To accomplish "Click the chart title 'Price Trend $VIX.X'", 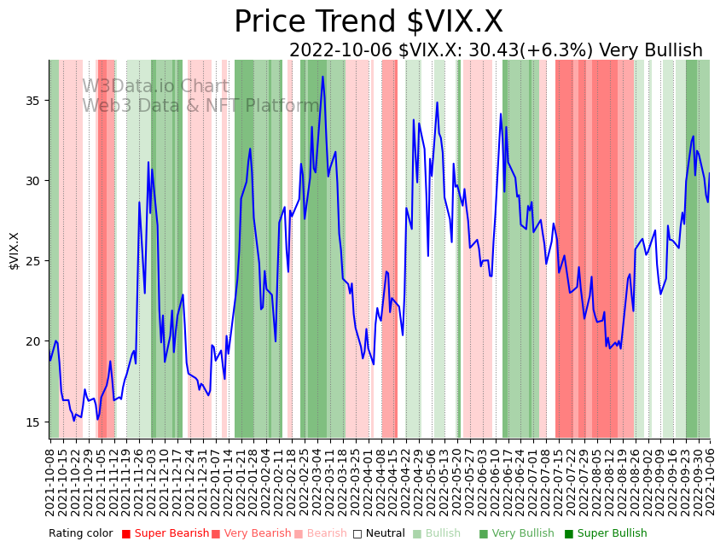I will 369,22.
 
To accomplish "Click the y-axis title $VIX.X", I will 14,250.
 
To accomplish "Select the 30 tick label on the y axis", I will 34,181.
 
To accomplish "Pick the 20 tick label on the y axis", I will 34,341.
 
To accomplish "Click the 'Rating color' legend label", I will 80,534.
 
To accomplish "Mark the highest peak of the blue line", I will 322,77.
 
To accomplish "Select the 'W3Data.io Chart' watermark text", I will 155,87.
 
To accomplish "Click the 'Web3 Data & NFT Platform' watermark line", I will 200,106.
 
